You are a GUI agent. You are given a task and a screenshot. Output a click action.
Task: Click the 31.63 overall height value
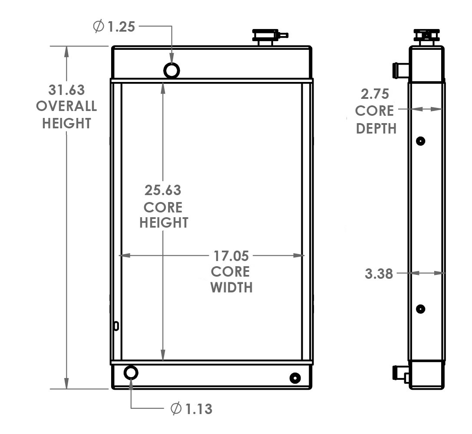click(x=66, y=90)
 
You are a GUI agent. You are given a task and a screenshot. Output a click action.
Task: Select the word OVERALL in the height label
click(x=66, y=107)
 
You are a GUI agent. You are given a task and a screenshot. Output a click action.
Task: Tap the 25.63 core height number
click(x=163, y=190)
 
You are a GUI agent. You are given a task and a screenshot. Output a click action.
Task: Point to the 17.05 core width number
click(x=230, y=255)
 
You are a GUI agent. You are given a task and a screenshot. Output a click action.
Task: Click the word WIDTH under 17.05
click(x=231, y=287)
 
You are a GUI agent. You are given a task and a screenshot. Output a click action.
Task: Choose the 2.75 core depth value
click(x=374, y=94)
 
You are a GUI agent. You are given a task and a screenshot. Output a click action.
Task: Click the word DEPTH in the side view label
click(x=376, y=128)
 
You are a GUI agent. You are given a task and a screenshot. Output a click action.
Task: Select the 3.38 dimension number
click(x=379, y=274)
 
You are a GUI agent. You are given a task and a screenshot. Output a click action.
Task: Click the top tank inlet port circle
click(x=172, y=70)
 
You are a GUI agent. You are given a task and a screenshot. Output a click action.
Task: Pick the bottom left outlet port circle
click(x=131, y=372)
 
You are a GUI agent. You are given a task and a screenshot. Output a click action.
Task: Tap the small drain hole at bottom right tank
click(x=295, y=378)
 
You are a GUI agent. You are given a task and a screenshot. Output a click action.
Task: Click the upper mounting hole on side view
click(x=420, y=141)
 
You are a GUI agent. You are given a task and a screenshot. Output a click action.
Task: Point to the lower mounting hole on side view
click(x=420, y=309)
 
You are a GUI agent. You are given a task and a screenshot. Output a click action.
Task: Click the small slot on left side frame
click(x=116, y=326)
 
